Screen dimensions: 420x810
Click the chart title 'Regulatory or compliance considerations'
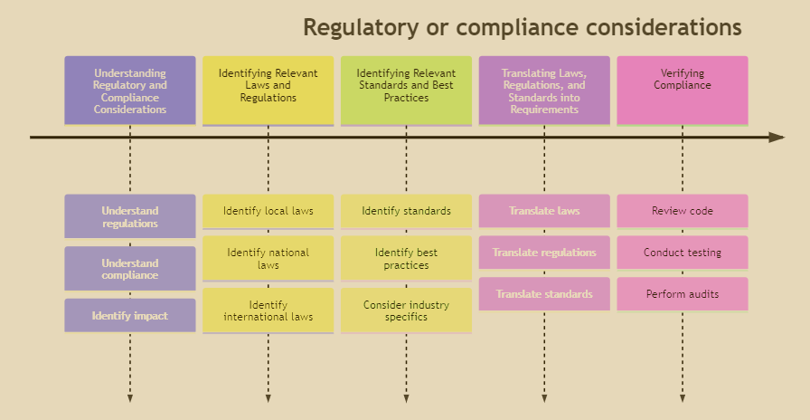click(x=522, y=27)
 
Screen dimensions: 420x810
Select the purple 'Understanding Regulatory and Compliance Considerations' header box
click(x=130, y=91)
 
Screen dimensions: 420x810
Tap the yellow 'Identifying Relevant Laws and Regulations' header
click(x=268, y=91)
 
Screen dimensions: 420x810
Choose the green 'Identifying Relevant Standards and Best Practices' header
click(x=406, y=91)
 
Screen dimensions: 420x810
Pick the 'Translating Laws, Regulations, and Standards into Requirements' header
click(x=544, y=91)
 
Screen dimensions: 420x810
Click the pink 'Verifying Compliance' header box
click(x=683, y=91)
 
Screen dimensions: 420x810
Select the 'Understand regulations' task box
click(x=130, y=216)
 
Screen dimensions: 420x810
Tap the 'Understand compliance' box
click(x=130, y=269)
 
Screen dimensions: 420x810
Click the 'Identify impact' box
click(x=130, y=316)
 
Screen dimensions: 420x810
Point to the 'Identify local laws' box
click(x=268, y=211)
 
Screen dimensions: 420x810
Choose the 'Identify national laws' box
click(x=268, y=259)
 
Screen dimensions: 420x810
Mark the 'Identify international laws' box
click(x=268, y=310)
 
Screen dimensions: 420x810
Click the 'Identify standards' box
click(x=406, y=211)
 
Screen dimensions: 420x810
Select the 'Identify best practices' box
click(x=406, y=259)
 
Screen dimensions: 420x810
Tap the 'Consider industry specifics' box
click(x=406, y=310)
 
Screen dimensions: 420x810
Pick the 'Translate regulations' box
click(x=544, y=253)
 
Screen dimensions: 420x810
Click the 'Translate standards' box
click(x=544, y=294)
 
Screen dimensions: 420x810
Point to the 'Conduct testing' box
click(x=683, y=253)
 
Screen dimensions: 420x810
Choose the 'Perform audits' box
click(x=683, y=294)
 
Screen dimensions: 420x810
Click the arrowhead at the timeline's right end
click(x=777, y=138)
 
